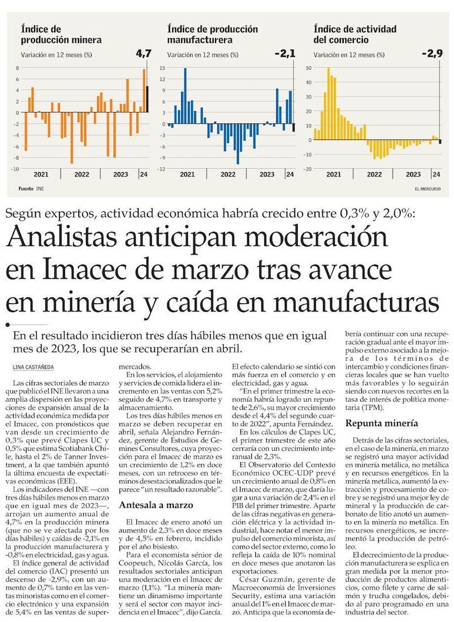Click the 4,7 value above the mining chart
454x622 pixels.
tap(144, 54)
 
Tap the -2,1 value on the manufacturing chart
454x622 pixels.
tap(285, 54)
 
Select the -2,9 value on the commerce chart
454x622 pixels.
tap(431, 54)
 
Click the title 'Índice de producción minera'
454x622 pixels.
tap(61, 35)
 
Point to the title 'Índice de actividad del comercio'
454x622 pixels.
tap(354, 35)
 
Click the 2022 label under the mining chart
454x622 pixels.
tap(82, 174)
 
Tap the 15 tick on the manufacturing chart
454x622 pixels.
tap(162, 67)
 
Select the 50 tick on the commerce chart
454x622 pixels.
tap(309, 67)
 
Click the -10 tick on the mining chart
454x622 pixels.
tap(16, 168)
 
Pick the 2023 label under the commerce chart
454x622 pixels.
tap(413, 174)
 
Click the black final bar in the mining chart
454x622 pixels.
tap(148, 99)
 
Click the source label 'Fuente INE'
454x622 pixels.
tap(31, 188)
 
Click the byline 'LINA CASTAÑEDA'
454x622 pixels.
tap(33, 368)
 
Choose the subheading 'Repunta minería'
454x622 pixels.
tap(382, 423)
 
